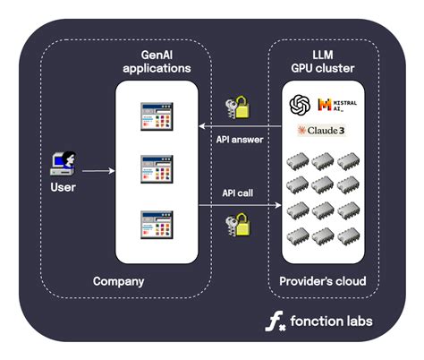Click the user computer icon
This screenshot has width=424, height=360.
[64, 161]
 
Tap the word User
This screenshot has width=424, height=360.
[63, 187]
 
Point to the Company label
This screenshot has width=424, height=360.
[119, 281]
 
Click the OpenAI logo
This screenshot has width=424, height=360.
[299, 105]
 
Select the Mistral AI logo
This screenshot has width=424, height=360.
[335, 106]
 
